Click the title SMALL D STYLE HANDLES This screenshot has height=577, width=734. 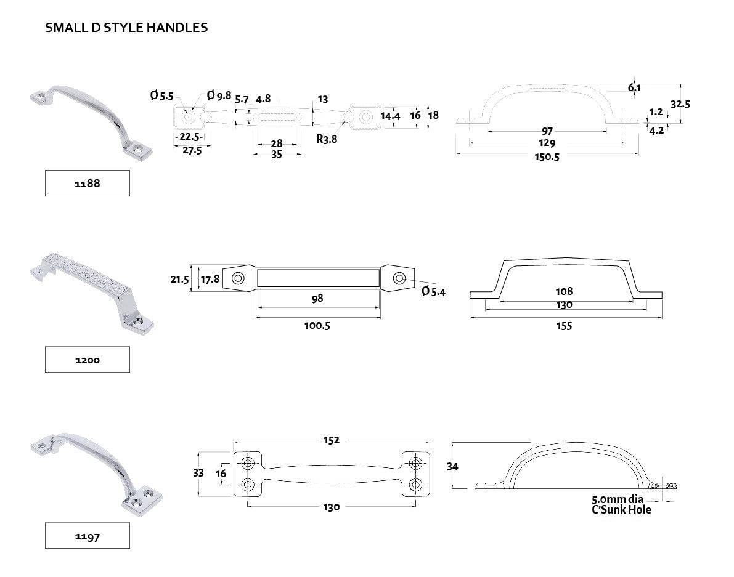coord(126,28)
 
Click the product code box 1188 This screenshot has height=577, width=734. coord(87,184)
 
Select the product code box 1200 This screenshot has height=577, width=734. coord(87,360)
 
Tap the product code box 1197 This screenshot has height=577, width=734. coord(87,536)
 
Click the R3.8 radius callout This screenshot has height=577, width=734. coord(327,139)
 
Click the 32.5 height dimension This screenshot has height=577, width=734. coord(680,104)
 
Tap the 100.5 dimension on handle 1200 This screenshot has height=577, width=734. coord(317,326)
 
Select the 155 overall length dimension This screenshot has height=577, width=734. coord(564,326)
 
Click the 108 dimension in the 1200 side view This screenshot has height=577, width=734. coord(564,291)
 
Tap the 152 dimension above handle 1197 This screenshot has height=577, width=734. coord(331,441)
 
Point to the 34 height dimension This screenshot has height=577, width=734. coord(452,467)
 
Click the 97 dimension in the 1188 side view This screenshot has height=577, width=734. coord(547,131)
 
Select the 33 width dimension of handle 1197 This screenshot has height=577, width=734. coord(198,473)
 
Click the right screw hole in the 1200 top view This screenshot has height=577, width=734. coord(399,279)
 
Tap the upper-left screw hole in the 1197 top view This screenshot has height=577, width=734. coord(248,463)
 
